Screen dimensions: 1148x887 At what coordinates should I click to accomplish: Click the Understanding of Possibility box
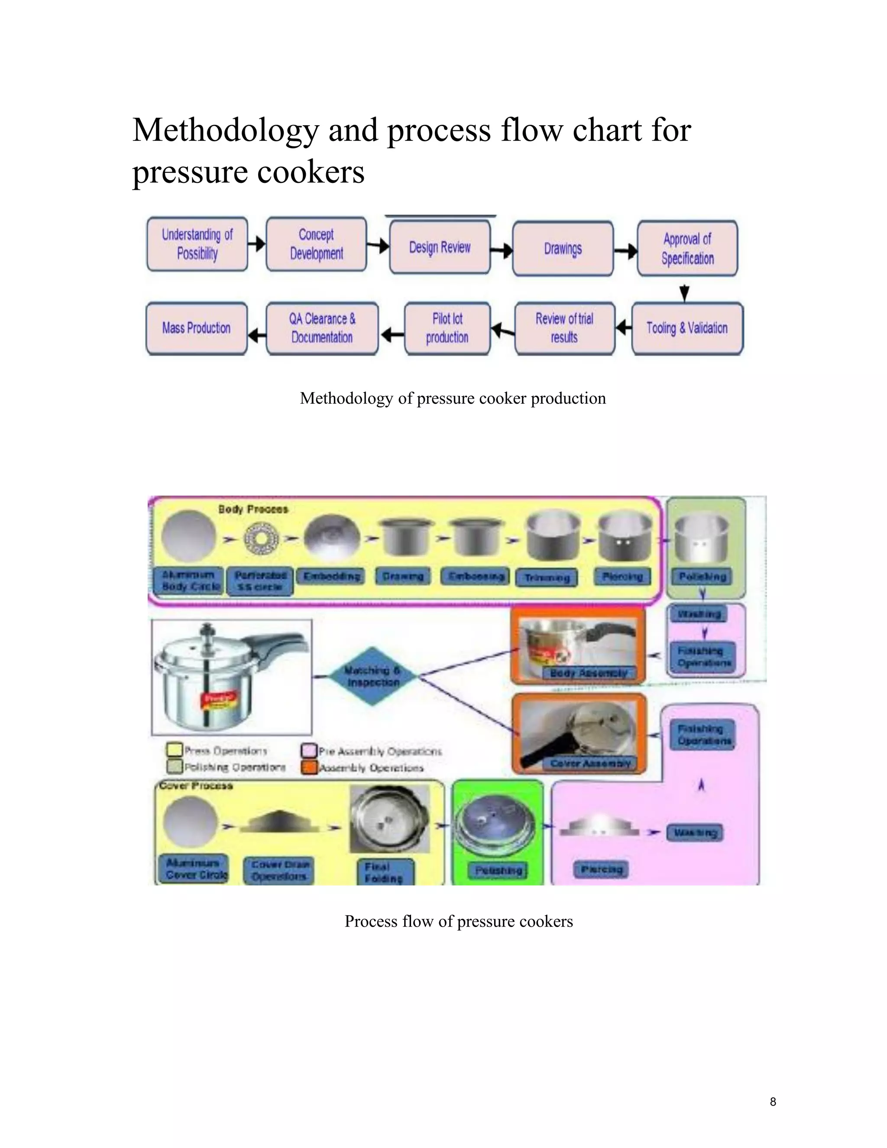197,244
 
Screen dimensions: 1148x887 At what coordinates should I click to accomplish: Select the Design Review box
440,247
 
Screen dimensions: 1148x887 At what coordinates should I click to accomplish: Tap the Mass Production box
196,328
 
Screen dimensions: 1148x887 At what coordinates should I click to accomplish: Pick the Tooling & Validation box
687,328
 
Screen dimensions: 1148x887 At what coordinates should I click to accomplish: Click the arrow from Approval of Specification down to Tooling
684,292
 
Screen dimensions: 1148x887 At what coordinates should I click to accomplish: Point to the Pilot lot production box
447,328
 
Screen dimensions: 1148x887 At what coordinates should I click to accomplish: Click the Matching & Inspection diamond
372,676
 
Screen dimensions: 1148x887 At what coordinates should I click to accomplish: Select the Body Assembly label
589,673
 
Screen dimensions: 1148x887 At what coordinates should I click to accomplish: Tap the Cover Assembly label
590,763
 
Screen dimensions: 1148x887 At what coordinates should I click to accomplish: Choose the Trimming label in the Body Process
547,577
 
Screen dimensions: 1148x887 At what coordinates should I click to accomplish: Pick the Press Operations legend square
174,749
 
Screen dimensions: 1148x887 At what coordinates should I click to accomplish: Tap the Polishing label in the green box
498,870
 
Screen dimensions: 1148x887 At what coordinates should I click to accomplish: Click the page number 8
773,1102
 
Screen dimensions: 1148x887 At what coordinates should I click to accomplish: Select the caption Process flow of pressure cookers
458,921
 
